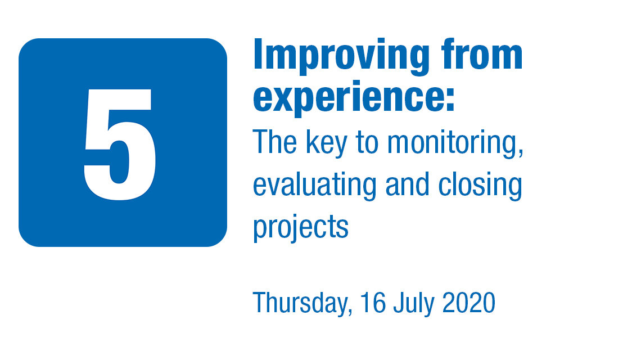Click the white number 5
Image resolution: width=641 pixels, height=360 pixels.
click(120, 144)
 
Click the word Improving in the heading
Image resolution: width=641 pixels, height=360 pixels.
click(341, 56)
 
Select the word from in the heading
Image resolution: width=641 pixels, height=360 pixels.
click(482, 54)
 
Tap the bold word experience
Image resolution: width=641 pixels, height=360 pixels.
click(348, 98)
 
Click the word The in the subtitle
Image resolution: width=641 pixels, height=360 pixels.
click(275, 142)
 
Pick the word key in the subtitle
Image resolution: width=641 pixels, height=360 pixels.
click(327, 143)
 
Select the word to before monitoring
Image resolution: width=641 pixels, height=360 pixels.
click(367, 143)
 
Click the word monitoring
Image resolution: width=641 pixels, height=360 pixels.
click(452, 143)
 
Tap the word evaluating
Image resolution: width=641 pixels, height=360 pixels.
click(314, 186)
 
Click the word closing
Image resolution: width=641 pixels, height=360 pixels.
click(480, 186)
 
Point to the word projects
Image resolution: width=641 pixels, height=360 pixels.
click(301, 228)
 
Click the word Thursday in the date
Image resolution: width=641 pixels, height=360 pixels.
click(300, 303)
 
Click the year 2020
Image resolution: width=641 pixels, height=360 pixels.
click(469, 302)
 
